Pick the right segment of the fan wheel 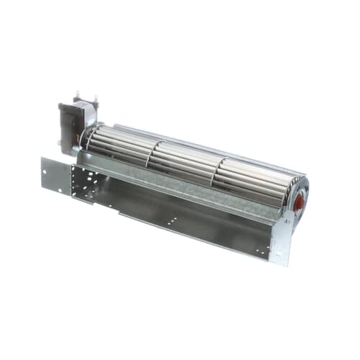point(252,180)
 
